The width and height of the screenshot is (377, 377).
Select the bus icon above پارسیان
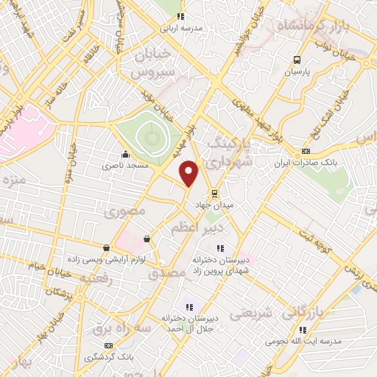pos(297,60)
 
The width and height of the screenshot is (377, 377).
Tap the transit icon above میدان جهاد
pos(214,194)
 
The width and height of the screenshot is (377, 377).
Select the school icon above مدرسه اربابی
pos(182,17)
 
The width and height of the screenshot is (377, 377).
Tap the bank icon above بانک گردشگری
pos(110,345)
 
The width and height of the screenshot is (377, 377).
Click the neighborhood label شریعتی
pos(251,314)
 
